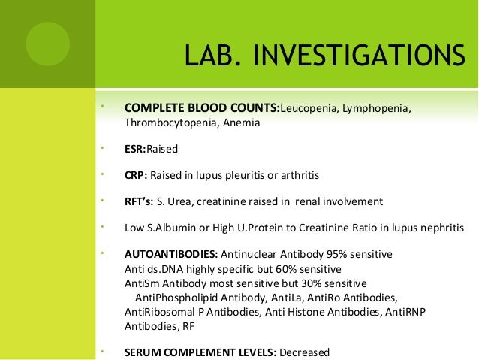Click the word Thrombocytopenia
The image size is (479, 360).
click(x=169, y=124)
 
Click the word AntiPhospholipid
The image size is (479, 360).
click(x=177, y=298)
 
